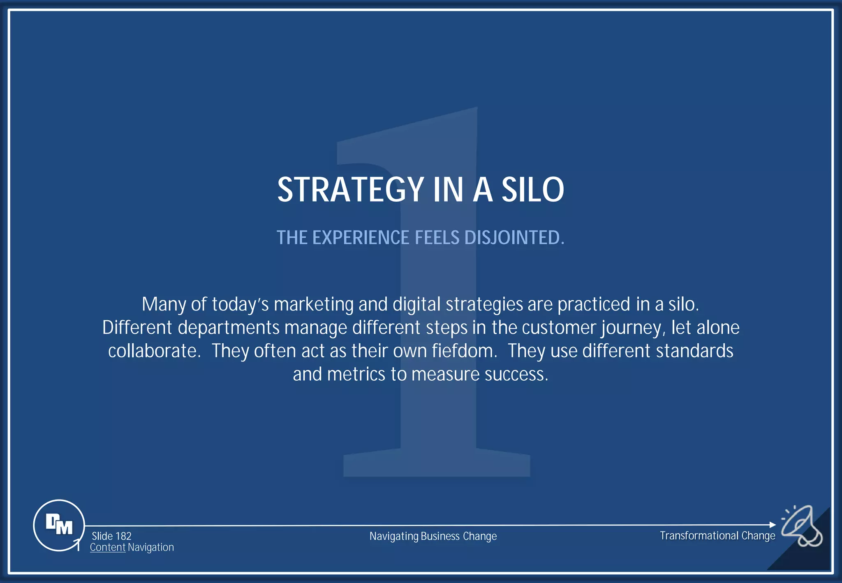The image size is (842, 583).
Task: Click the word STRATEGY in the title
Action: [350, 190]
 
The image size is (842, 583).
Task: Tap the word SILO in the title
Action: [532, 190]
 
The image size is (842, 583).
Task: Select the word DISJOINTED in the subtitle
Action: [514, 238]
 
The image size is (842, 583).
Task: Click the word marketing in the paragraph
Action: [313, 305]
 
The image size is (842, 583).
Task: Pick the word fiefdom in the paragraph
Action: [464, 351]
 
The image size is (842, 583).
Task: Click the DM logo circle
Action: [59, 525]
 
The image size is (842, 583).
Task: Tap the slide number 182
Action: [123, 536]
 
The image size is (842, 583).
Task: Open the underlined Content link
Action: [107, 547]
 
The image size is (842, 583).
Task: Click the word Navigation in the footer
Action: [151, 547]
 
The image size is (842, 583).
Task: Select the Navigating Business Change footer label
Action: [433, 536]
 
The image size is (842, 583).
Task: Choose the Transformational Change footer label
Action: [717, 536]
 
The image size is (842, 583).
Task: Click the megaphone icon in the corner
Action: [802, 526]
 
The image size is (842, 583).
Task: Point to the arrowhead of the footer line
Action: [773, 525]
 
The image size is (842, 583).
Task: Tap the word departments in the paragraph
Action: [229, 328]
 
